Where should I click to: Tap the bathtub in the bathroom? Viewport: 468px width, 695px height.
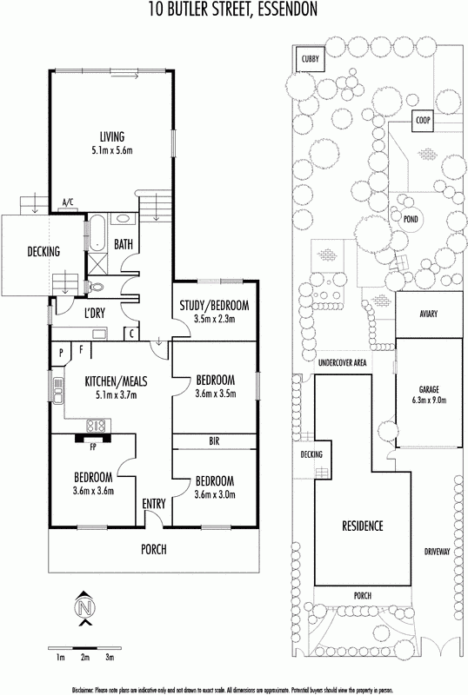tap(96, 234)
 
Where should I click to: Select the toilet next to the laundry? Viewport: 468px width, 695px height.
tap(95, 288)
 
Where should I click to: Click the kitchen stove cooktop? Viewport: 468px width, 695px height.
tap(97, 426)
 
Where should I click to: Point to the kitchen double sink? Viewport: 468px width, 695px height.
tap(57, 390)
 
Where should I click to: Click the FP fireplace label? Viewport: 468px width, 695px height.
tap(93, 447)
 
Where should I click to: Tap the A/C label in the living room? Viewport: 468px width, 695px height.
tap(68, 203)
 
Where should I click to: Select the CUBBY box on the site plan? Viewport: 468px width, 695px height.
tap(311, 59)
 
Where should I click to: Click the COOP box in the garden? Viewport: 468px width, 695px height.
tap(423, 120)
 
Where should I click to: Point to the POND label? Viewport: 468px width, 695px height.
tap(411, 219)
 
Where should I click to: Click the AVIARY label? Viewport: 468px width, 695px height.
tap(429, 314)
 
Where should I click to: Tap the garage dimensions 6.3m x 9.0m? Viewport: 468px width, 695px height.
tap(429, 400)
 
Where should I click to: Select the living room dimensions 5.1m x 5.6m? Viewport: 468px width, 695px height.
tap(112, 150)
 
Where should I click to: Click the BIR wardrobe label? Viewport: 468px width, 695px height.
tap(214, 441)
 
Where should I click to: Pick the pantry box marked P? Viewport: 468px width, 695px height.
tap(61, 354)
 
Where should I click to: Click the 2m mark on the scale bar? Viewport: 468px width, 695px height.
tap(85, 658)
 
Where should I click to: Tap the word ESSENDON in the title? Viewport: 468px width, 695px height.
tap(288, 9)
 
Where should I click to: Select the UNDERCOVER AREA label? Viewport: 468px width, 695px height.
tap(343, 363)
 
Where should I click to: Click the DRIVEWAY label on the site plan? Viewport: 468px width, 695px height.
tap(437, 552)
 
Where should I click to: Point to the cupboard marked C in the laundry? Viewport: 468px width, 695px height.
tap(132, 334)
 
